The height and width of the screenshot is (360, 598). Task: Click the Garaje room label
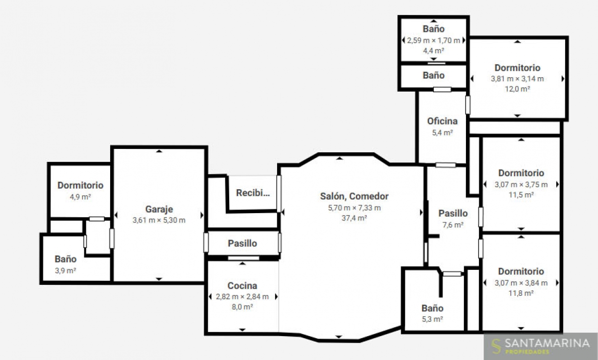coord(159,209)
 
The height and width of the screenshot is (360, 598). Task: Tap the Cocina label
coord(242,286)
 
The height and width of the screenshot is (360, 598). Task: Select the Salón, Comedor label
coord(354,196)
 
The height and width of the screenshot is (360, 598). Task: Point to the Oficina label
coord(443,121)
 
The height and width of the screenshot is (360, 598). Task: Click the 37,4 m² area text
coord(354,218)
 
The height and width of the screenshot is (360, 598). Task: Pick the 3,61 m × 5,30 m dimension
coord(159,220)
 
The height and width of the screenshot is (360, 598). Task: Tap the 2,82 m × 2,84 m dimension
coord(242,297)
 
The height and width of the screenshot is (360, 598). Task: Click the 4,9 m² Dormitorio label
coord(80,185)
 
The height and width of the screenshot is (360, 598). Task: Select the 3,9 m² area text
coord(66,271)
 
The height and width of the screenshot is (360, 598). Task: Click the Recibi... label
coord(253,193)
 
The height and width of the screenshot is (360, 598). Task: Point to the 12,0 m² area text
coord(517,89)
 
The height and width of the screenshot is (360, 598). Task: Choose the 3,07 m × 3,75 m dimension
coord(521,185)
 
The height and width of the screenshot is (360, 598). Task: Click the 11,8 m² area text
coord(521,293)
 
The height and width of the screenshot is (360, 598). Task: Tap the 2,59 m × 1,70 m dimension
coord(434,40)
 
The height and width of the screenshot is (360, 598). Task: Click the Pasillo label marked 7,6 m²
coord(453,213)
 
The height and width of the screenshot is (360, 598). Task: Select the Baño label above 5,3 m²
coord(433,308)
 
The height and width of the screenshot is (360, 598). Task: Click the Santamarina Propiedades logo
coord(541,347)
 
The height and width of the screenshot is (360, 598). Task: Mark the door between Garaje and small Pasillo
coord(206,242)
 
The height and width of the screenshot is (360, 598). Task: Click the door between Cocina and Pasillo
coord(244,258)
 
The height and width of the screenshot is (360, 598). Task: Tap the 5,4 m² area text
coord(443,132)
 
